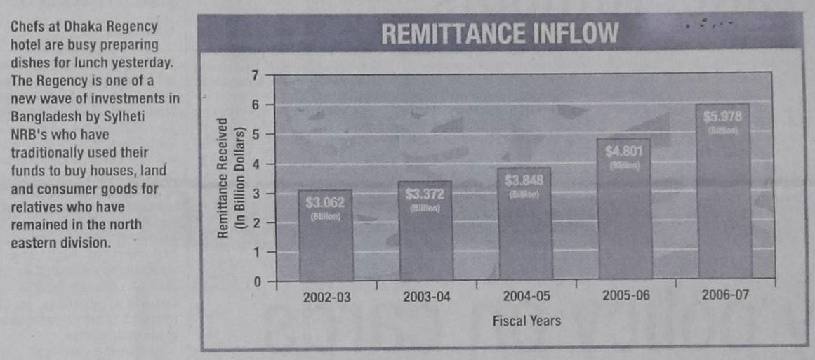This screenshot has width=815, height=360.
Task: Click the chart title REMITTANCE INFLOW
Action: pyautogui.click(x=499, y=34)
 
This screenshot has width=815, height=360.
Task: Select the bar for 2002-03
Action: pyautogui.click(x=326, y=239)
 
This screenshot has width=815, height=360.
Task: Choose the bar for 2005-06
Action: pyautogui.click(x=625, y=211)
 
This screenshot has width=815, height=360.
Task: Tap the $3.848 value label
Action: pyautogui.click(x=524, y=180)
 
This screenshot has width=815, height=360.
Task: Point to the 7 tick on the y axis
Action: pyautogui.click(x=256, y=74)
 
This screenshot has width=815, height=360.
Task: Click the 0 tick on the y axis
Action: pyautogui.click(x=257, y=282)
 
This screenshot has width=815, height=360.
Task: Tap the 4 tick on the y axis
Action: pyautogui.click(x=256, y=164)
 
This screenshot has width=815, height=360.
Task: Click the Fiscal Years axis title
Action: pyautogui.click(x=526, y=321)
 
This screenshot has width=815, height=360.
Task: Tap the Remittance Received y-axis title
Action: pyautogui.click(x=222, y=178)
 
